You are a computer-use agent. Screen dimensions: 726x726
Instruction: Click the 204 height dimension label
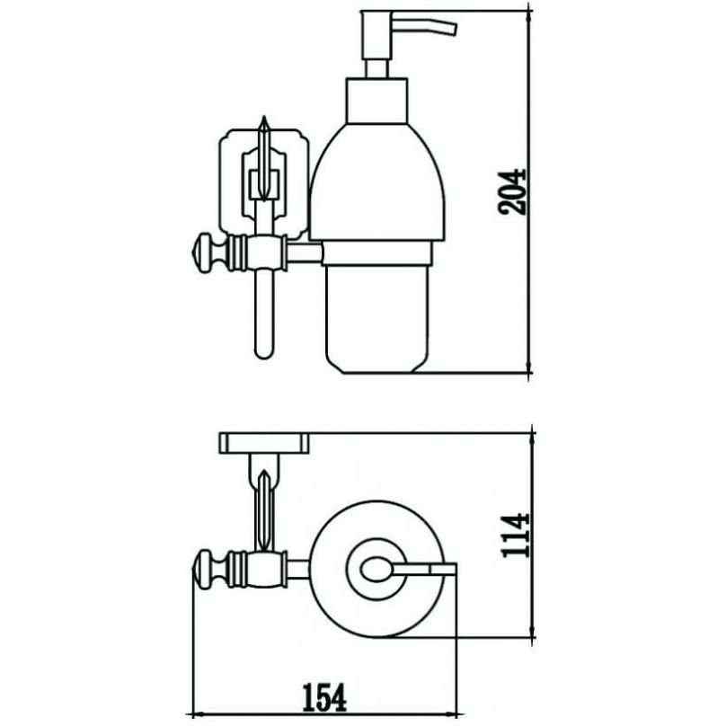point(512,192)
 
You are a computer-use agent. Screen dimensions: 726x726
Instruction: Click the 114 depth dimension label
point(516,535)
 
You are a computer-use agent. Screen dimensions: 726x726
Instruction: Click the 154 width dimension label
point(324,698)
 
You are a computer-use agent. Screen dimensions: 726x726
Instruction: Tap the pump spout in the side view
point(425,24)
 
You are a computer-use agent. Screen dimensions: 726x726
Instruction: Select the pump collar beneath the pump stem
point(376,101)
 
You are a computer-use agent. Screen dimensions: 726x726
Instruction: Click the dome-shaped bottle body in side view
point(377,182)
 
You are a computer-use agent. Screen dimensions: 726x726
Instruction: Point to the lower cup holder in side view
point(377,307)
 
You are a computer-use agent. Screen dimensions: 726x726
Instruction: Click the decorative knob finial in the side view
point(209,253)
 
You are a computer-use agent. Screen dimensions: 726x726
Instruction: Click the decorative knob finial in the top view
point(209,569)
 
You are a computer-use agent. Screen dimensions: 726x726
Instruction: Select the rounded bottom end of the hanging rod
point(264,351)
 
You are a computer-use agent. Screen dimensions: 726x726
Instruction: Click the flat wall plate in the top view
point(264,443)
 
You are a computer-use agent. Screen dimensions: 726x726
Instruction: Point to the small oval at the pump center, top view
point(376,569)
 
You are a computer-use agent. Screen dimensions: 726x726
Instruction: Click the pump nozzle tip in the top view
point(445,569)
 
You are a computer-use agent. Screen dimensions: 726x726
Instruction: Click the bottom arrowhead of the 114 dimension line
point(533,632)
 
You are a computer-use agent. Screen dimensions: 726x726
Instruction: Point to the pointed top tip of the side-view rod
point(264,117)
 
